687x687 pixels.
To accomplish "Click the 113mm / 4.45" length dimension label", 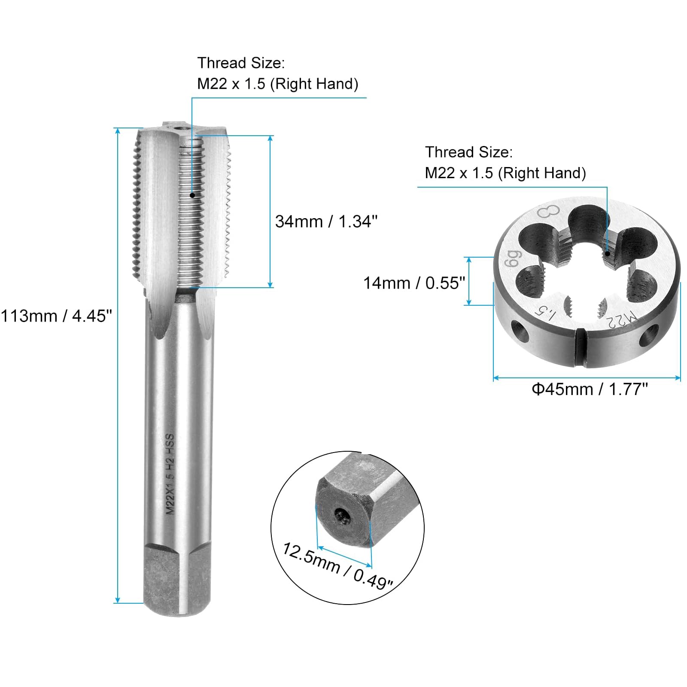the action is pyautogui.click(x=56, y=316).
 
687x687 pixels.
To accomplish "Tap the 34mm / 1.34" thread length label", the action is pyautogui.click(x=326, y=222).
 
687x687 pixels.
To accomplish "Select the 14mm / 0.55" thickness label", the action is pyautogui.click(x=414, y=283).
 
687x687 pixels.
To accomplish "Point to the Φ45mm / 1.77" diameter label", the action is pyautogui.click(x=590, y=389).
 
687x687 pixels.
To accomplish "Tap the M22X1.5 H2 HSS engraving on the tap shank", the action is pyautogui.click(x=170, y=474).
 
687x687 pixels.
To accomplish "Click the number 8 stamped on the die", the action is pyautogui.click(x=549, y=212).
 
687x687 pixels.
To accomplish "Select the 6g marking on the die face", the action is pyautogui.click(x=513, y=258).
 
